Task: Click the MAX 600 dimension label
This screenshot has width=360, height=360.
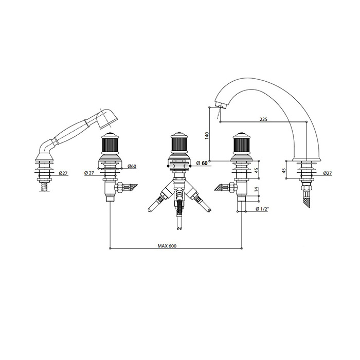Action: pos(167,246)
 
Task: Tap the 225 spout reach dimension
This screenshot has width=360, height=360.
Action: pos(263,119)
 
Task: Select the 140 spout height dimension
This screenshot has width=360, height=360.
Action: pos(207,136)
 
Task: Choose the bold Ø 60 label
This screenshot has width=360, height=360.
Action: pos(202,163)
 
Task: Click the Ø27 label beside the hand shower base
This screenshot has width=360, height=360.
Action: pos(63,173)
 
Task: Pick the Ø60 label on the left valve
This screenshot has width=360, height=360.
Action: pos(132,166)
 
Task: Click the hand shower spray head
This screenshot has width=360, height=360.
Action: pos(107,118)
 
